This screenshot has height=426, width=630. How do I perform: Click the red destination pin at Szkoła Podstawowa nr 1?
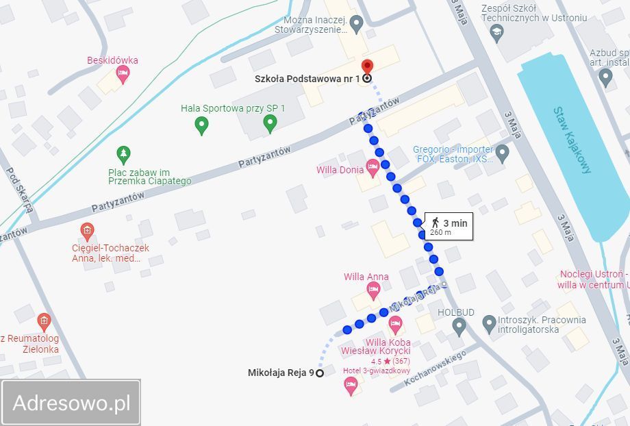pyautogui.click(x=367, y=67)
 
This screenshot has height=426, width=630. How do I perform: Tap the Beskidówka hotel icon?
pyautogui.click(x=123, y=74)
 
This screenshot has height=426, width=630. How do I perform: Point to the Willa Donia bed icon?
pyautogui.click(x=373, y=166)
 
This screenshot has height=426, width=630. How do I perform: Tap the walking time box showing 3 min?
pyautogui.click(x=449, y=226)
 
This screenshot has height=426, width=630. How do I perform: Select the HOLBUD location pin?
pyautogui.click(x=459, y=325)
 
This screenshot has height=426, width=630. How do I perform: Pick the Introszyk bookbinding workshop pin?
pyautogui.click(x=489, y=322)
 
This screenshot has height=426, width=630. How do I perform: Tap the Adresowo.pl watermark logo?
pyautogui.click(x=71, y=403)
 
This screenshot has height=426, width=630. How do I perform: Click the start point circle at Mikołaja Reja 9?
pyautogui.click(x=319, y=373)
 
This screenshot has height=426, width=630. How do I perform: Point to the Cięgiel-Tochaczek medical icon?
pyautogui.click(x=87, y=230)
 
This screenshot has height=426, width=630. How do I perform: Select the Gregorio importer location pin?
pyautogui.click(x=503, y=152)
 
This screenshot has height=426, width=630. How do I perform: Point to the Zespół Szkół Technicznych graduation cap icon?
pyautogui.click(x=495, y=32)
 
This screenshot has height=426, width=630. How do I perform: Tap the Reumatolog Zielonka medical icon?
pyautogui.click(x=44, y=321)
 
